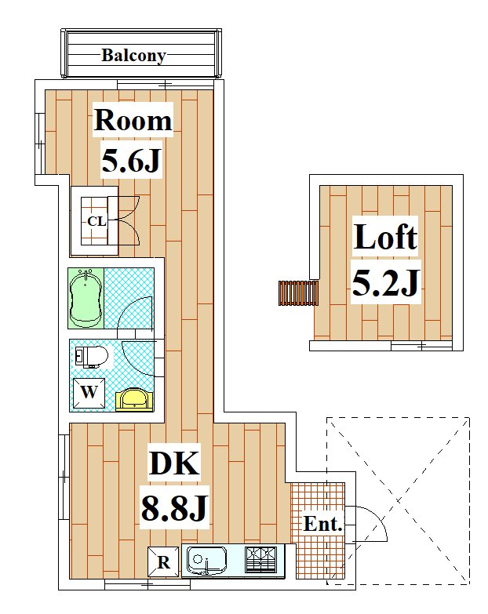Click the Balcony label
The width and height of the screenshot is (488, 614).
(x=133, y=55)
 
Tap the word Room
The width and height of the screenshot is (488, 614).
(x=133, y=120)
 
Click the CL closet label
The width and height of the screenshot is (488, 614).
(x=96, y=221)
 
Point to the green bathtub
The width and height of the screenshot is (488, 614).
(x=86, y=299)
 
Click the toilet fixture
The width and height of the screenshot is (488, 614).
(x=92, y=357)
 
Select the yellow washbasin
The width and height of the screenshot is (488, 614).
(x=134, y=400)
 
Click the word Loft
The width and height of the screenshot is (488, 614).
(x=385, y=237)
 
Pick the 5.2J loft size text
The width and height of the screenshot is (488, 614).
(x=384, y=284)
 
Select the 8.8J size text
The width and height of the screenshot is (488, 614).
(x=174, y=510)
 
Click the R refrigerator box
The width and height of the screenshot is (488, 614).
(x=163, y=561)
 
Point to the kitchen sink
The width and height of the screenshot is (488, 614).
(x=207, y=560)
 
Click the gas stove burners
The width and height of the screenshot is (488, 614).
(x=261, y=559)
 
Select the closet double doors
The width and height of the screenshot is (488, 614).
(x=128, y=220)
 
